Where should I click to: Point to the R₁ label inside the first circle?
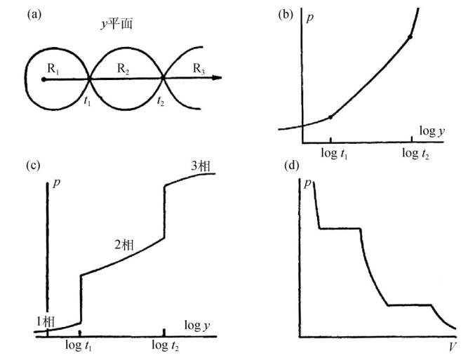click(54, 67)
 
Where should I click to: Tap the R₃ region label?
click(199, 67)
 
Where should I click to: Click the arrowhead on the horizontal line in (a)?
click(218, 79)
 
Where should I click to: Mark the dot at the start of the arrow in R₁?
click(44, 79)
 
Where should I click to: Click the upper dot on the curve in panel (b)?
click(410, 36)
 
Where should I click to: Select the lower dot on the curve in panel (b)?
click(331, 116)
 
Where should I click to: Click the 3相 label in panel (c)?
click(203, 166)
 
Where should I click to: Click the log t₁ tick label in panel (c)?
click(81, 347)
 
